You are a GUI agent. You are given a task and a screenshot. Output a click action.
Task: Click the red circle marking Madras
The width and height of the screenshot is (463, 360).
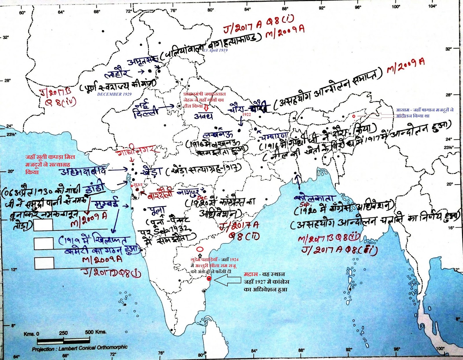click(x=209, y=279)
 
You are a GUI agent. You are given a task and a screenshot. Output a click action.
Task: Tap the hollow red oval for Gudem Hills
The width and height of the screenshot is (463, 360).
click(x=200, y=249)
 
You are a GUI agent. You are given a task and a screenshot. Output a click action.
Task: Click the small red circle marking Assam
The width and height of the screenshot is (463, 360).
click(x=354, y=116)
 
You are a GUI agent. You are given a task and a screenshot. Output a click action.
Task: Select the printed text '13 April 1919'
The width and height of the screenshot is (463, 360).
click(x=215, y=50)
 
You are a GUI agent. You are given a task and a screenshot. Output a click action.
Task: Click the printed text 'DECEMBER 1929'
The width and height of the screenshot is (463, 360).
click(x=114, y=94)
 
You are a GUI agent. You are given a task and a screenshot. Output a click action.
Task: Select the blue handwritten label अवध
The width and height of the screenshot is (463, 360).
click(x=203, y=116)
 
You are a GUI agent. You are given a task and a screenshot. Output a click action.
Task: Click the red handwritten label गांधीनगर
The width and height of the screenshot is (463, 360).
click(x=137, y=149)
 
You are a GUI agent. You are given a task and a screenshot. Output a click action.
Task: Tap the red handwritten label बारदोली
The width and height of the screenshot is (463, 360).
click(x=160, y=194)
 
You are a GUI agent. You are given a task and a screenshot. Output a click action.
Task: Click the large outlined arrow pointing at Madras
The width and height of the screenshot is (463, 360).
click(x=227, y=280)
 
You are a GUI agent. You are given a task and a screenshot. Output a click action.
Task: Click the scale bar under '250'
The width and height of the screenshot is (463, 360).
click(x=64, y=341)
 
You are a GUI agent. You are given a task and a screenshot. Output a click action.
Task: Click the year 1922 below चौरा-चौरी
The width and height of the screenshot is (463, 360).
click(x=246, y=114)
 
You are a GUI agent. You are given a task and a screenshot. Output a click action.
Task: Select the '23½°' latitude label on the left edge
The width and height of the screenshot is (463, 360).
click(x=11, y=134)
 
